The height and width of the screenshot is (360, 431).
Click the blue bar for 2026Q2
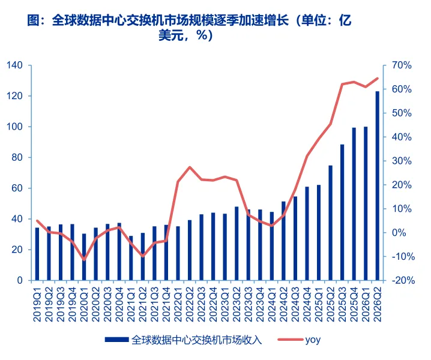(377, 186)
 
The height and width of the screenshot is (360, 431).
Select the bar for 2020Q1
(84, 257)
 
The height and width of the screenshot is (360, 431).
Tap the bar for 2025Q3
(342, 212)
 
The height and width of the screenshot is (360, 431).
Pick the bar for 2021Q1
(131, 258)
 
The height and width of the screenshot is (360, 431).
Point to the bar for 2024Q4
(307, 233)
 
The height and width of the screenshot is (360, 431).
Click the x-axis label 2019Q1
(37, 304)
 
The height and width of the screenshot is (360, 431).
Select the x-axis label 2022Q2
(189, 304)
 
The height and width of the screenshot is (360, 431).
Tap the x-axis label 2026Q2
(377, 304)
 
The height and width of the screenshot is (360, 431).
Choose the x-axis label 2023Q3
(248, 304)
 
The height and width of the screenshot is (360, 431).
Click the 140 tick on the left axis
(14, 65)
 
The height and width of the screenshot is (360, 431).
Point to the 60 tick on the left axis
(17, 188)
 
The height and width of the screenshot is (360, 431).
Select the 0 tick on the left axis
(20, 280)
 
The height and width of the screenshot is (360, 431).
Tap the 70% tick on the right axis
(402, 65)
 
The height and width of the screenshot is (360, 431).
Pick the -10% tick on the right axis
(403, 256)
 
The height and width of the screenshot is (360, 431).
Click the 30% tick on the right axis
(402, 161)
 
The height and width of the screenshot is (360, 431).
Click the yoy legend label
(313, 340)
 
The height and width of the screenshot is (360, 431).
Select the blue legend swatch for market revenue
(116, 340)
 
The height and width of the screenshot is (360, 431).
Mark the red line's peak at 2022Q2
(190, 167)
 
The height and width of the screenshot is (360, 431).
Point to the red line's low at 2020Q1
(84, 259)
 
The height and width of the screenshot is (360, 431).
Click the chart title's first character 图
(34, 20)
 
